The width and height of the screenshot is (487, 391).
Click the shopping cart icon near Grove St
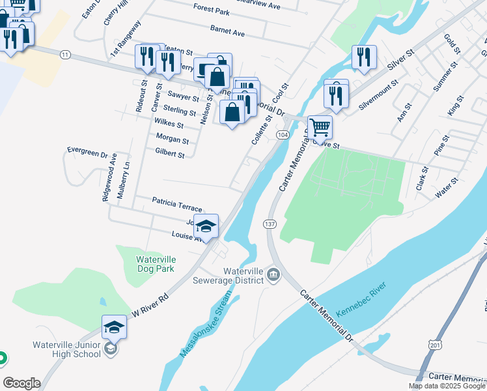click(320, 126)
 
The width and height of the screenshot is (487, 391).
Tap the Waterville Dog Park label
click(155, 263)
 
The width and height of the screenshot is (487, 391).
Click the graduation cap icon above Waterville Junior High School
click(114, 326)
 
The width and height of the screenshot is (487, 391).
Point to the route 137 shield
click(269, 224)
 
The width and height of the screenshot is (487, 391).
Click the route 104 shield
click(282, 134)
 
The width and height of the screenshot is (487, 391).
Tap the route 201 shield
click(435, 343)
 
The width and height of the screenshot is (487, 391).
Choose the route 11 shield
click(64, 55)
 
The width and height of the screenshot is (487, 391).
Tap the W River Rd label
click(150, 303)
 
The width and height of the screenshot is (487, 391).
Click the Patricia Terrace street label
click(177, 203)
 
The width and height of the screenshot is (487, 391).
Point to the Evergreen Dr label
click(87, 152)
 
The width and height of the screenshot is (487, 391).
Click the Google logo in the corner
click(21, 383)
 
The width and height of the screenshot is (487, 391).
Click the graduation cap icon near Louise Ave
click(206, 225)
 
